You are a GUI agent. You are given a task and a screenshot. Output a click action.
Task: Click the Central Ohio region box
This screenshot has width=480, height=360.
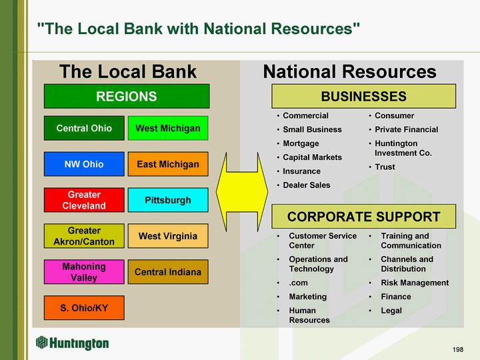(84, 128)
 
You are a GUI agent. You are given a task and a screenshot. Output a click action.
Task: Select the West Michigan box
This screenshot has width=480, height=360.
(168, 128)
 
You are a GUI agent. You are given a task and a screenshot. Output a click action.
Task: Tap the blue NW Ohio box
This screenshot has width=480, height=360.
(84, 164)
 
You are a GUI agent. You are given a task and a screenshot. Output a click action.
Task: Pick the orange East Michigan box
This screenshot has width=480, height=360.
(168, 164)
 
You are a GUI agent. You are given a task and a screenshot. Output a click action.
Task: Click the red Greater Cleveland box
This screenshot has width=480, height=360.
(84, 200)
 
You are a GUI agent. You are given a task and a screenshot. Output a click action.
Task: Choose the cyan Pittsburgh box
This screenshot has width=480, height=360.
(168, 200)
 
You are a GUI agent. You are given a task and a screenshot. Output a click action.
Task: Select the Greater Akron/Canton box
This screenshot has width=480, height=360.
(84, 236)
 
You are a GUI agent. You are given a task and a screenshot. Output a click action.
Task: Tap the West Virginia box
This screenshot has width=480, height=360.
(168, 236)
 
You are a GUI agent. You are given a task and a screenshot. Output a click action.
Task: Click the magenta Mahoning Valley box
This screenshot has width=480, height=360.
(84, 272)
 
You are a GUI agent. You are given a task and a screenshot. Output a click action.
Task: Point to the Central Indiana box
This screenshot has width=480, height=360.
(168, 272)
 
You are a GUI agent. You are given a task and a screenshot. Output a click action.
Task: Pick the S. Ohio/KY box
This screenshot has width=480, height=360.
(84, 307)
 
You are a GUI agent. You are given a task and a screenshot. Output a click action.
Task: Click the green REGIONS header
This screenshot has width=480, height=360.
(127, 96)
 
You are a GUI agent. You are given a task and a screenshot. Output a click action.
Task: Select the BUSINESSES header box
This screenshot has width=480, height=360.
(364, 96)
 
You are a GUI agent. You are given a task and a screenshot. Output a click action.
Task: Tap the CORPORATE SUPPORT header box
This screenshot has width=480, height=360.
(364, 217)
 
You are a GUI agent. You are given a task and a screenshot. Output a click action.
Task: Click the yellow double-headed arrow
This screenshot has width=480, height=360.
(242, 192)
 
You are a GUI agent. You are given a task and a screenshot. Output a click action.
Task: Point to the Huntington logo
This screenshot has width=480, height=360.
(73, 343)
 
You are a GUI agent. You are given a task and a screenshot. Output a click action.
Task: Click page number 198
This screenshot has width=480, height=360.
(458, 349)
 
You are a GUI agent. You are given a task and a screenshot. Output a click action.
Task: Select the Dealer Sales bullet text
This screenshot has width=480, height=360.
(307, 185)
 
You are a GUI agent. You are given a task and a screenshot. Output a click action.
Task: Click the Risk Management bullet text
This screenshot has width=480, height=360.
(415, 283)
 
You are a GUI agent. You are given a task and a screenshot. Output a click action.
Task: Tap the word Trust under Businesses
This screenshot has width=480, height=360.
(385, 167)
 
